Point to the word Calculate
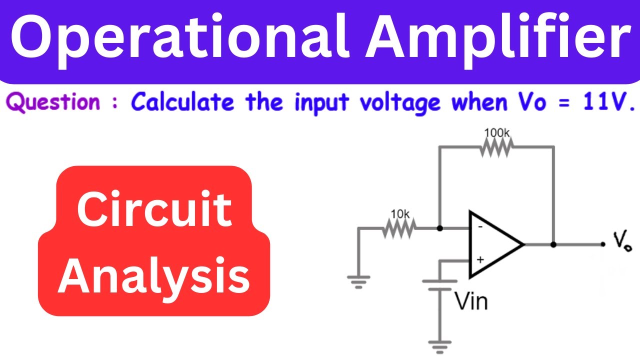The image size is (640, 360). click(182, 101)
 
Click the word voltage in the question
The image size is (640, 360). click(400, 103)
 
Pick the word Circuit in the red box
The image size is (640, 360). click(154, 208)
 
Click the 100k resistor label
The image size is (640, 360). click(497, 133)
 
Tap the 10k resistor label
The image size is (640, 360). click(400, 214)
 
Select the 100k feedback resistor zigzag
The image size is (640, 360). click(496, 147)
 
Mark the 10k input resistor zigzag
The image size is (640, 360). click(399, 228)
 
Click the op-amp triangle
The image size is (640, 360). click(496, 244)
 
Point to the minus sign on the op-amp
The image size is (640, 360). click(480, 227)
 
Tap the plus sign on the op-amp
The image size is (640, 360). click(480, 259)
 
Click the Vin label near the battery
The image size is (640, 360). click(471, 301)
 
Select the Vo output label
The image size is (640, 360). click(622, 241)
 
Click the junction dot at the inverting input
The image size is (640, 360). click(440, 228)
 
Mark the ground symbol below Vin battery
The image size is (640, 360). click(439, 347)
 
